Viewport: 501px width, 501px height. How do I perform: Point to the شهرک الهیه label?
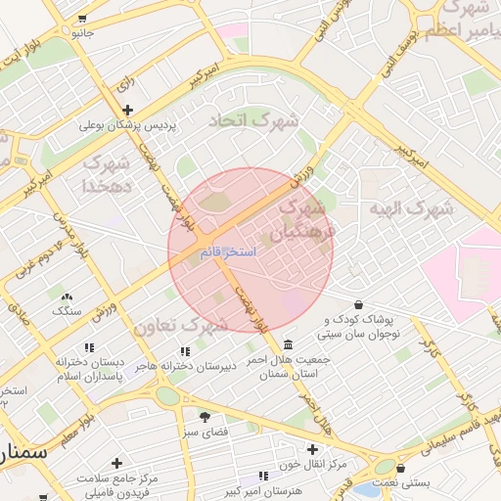coord(414,208)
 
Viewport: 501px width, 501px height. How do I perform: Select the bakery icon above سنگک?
coord(67,296)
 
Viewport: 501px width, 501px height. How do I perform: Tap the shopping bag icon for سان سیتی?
coord(359,305)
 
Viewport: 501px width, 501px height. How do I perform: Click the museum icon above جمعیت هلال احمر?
coord(288,345)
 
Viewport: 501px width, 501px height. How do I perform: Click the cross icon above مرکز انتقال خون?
coord(312,449)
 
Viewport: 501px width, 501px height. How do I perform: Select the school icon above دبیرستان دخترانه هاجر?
coord(183,351)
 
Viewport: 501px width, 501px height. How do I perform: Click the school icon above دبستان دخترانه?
coord(89,347)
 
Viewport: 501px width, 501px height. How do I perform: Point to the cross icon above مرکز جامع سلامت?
coord(117,462)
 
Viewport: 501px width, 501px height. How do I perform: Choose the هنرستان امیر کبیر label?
coord(232,488)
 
